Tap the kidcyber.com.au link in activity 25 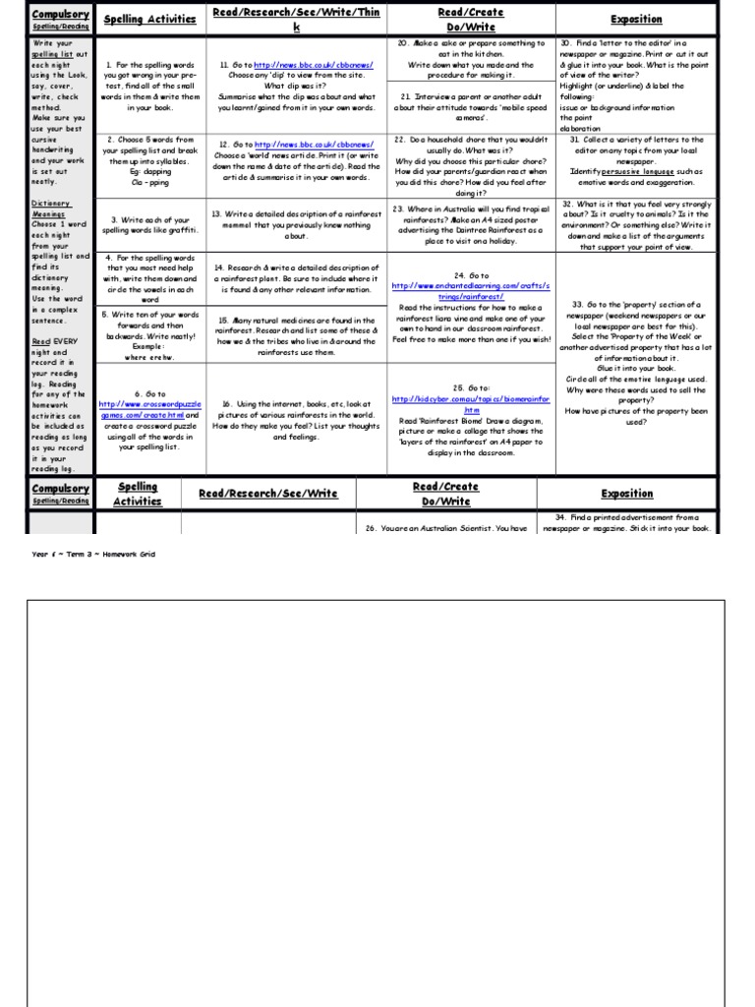472,405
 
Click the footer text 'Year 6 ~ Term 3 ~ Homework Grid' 94,554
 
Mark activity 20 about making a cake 471,60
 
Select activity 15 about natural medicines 296,335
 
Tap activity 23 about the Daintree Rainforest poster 471,224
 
